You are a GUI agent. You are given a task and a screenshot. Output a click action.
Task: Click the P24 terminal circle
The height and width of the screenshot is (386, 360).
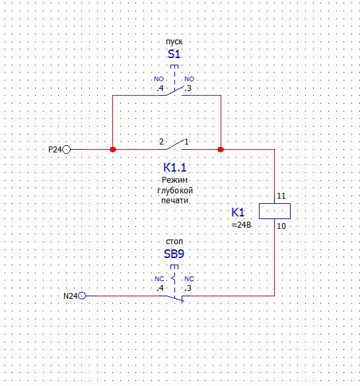[67, 149]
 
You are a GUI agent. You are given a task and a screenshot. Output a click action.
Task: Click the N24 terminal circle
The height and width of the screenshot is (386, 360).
[82, 296]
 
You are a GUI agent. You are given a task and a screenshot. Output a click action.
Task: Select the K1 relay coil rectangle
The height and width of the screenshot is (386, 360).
[275, 211]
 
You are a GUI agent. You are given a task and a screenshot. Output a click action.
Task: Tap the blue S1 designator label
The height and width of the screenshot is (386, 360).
[174, 54]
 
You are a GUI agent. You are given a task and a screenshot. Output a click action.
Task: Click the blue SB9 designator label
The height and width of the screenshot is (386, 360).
[174, 254]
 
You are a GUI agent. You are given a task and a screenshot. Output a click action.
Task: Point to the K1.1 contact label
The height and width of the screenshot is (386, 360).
[174, 168]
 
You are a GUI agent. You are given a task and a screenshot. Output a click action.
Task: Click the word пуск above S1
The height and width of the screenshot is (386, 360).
[174, 42]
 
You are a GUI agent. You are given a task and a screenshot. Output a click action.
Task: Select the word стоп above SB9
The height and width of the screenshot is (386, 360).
[174, 241]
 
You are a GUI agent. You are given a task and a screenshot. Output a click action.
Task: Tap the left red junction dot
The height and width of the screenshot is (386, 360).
[112, 149]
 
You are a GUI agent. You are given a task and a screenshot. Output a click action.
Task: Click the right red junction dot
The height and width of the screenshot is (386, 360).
[221, 149]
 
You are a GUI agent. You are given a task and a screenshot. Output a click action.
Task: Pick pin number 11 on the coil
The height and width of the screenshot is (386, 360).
[281, 196]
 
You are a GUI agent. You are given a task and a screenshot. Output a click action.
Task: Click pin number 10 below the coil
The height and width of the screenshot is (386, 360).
[281, 226]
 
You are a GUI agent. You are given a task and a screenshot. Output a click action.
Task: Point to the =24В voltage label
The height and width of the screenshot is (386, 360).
[242, 225]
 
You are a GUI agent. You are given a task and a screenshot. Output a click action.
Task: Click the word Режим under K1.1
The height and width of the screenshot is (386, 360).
[174, 180]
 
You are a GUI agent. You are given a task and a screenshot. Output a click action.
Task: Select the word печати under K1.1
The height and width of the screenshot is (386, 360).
[174, 201]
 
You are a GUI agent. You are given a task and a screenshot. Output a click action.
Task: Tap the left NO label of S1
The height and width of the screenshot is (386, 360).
[159, 79]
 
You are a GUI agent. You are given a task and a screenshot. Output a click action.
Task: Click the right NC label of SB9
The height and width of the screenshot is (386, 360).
[189, 279]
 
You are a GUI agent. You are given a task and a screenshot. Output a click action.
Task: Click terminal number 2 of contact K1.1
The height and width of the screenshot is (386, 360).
[161, 142]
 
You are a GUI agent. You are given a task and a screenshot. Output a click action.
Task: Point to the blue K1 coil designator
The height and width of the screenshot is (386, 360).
[238, 212]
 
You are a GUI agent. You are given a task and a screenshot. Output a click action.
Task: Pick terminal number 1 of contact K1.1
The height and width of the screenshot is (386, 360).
[186, 142]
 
